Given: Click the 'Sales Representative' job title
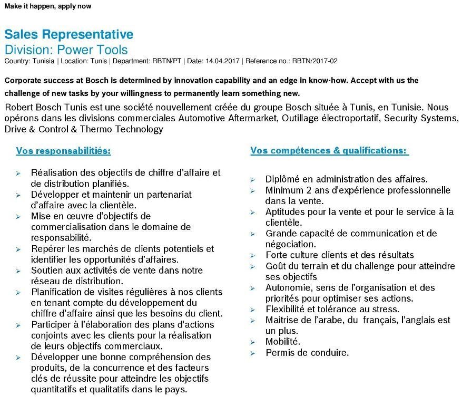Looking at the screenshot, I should (69, 35).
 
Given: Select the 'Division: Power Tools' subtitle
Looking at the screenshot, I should (66, 50).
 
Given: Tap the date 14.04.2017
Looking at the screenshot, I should (222, 61).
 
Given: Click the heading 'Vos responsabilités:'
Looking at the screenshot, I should (63, 151).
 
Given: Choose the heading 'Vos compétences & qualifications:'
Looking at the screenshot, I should (329, 151).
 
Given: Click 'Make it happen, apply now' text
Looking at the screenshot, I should (47, 6).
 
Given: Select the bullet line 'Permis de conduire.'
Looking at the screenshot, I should (307, 352).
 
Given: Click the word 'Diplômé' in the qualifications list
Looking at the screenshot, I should (282, 179).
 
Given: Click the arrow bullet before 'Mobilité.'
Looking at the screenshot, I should (253, 342).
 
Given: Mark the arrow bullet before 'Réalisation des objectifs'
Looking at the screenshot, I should (18, 173).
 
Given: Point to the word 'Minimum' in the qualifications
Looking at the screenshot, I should (285, 190).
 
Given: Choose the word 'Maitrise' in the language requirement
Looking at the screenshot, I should (283, 320).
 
